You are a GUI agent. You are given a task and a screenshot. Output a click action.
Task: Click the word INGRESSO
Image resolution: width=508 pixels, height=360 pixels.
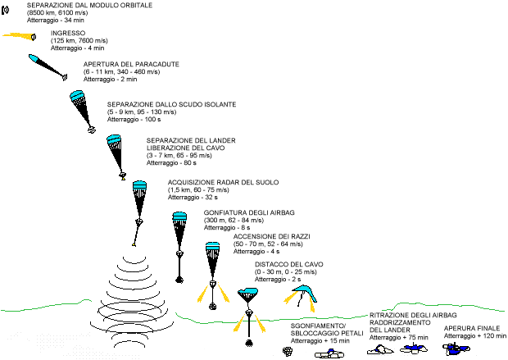point(68,33)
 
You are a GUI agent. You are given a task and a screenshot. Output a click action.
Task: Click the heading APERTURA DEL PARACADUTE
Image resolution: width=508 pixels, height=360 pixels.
point(131,63)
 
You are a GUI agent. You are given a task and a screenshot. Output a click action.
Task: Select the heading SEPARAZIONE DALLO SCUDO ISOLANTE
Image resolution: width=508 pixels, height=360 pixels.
point(171,105)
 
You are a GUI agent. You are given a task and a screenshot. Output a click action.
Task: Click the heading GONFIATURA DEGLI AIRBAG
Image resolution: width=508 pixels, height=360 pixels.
point(247,212)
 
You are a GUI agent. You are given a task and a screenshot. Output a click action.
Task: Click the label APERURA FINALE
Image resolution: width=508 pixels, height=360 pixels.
point(471,329)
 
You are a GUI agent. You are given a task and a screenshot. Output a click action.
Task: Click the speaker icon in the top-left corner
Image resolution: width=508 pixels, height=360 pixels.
point(7,10)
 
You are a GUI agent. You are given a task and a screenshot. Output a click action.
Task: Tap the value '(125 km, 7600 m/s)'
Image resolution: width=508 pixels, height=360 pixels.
point(79,40)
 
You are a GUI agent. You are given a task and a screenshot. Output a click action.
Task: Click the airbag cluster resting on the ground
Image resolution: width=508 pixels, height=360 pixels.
point(288,351)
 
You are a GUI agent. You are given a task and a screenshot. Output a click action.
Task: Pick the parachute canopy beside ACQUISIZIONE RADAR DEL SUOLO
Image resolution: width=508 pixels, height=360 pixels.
point(139,185)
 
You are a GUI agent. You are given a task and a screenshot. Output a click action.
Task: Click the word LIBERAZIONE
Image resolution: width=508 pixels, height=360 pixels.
point(171,148)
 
